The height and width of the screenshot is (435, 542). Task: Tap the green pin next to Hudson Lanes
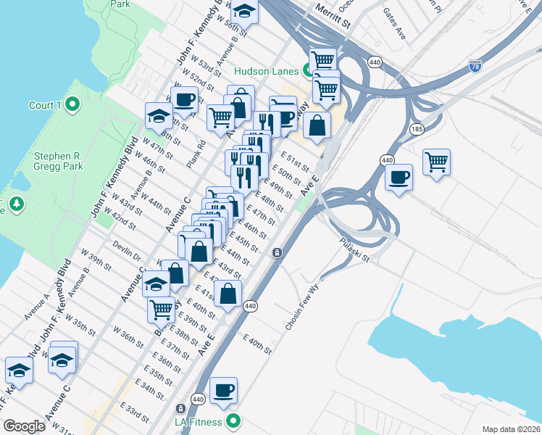click(307, 70)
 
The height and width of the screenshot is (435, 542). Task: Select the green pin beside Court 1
click(72, 105)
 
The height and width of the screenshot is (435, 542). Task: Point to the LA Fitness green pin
click(233, 420)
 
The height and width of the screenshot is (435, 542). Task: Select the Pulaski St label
click(354, 249)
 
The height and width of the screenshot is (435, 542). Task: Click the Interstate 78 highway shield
click(475, 65)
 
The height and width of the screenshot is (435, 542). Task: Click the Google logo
click(24, 426)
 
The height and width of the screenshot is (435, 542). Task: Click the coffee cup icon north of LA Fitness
click(223, 389)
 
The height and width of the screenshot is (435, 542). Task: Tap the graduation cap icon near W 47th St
click(157, 114)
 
